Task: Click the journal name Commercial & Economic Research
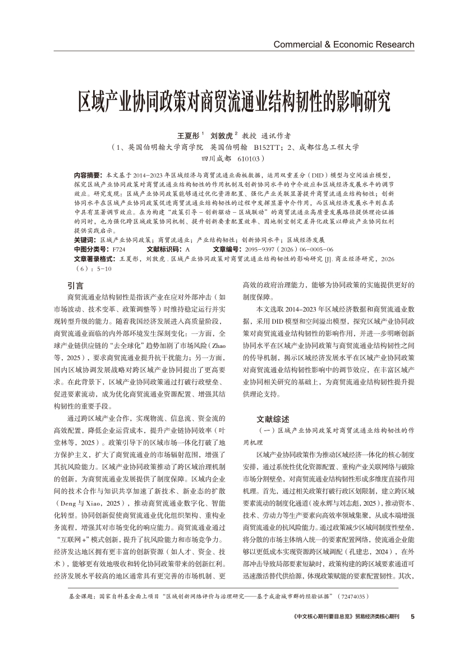(x=343, y=44)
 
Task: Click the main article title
(x=232, y=101)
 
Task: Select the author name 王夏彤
(x=188, y=136)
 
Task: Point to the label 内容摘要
(x=88, y=175)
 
